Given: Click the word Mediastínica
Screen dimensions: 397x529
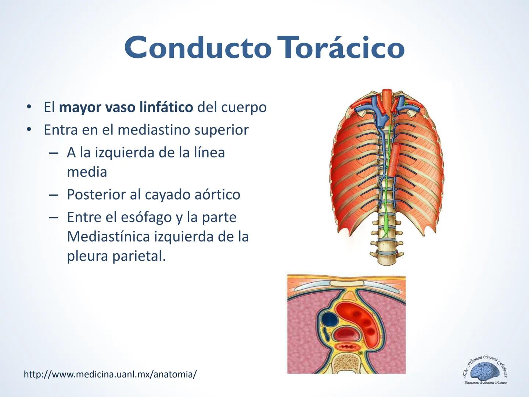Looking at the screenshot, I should coord(108,236).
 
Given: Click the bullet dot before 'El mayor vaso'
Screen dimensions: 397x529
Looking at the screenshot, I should coord(28,107).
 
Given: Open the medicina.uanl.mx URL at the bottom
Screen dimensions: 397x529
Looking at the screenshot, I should coord(110,374).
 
